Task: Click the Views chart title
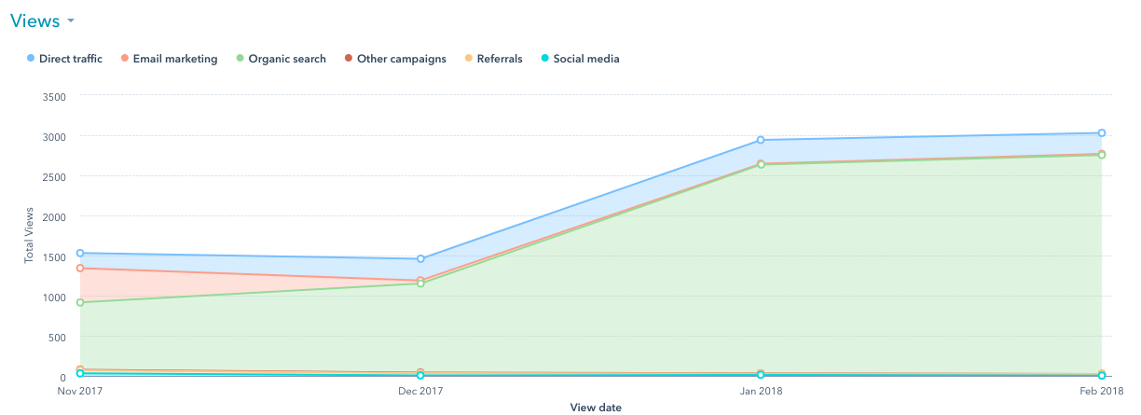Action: (x=34, y=21)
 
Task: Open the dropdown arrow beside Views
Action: (x=71, y=21)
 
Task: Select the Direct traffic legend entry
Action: (x=70, y=59)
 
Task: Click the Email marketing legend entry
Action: (x=174, y=59)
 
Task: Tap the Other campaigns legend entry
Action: (x=401, y=59)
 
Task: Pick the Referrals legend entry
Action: (x=499, y=59)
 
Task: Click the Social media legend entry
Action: (x=585, y=59)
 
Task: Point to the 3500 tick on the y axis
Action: (x=54, y=95)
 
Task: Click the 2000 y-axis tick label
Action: (x=54, y=216)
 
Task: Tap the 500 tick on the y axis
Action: (x=57, y=337)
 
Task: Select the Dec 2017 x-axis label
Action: (x=420, y=393)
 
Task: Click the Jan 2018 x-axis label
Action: (x=761, y=393)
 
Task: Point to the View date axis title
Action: (x=596, y=408)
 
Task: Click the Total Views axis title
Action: (x=28, y=236)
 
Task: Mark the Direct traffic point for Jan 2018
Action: (x=761, y=140)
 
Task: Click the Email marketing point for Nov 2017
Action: (x=80, y=269)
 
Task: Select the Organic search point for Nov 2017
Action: (x=80, y=302)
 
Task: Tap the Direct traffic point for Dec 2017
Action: (x=420, y=258)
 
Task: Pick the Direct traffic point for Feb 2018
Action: (x=1101, y=132)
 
